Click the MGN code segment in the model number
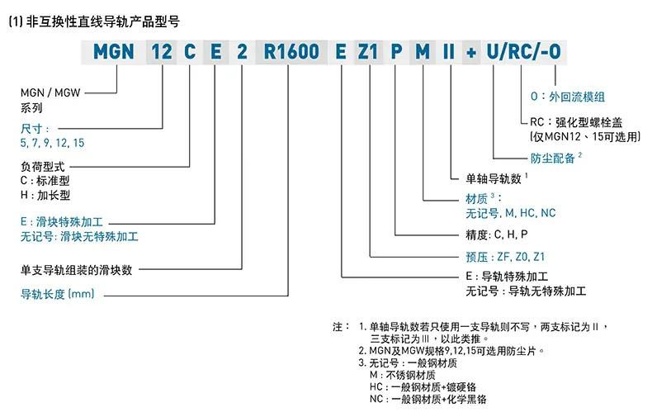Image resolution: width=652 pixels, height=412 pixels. coord(114,52)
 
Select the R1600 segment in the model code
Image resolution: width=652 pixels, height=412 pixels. coord(291,52)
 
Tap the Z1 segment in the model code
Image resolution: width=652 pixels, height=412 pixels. coord(367,52)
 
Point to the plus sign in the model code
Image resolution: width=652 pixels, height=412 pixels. coord(471,53)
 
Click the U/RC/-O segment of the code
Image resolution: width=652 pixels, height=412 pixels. coord(523,52)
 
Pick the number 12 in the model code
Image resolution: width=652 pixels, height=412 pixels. coord(161,52)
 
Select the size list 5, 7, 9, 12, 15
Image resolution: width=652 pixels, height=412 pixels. coord(52,143)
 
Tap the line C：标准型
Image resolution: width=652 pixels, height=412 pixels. coord(45,181)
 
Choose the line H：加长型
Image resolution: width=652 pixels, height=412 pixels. coord(45,195)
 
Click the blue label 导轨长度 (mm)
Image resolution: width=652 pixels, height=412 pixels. coord(58,294)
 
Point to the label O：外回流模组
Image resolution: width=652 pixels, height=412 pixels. coord(568,97)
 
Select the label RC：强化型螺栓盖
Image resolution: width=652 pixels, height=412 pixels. coord(576,122)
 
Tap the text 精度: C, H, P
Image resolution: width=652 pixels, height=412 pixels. coord(497,235)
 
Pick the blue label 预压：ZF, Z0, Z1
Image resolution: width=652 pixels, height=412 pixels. coord(505,257)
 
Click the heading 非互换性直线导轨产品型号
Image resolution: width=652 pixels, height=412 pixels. coord(102,21)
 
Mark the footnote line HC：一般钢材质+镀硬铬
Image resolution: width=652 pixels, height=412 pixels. coord(423,387)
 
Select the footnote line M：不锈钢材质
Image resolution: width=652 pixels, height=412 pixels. coord(402,375)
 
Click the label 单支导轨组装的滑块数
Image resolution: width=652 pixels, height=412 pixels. coord(77,271)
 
